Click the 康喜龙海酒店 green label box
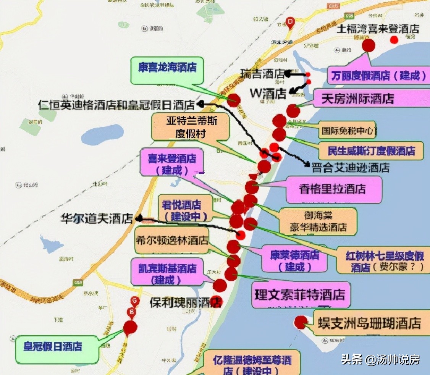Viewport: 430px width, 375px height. pos(167,70)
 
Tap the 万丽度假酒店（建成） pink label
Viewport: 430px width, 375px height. pos(378,76)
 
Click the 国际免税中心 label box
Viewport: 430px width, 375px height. pos(348,131)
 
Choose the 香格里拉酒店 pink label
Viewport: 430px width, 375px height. pos(333,189)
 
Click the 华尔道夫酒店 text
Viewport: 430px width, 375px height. pos(97,219)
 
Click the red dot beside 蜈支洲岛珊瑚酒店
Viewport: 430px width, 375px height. pos(301,322)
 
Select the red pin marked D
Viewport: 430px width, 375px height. pos(291,23)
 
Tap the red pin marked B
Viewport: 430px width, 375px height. pos(132,312)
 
